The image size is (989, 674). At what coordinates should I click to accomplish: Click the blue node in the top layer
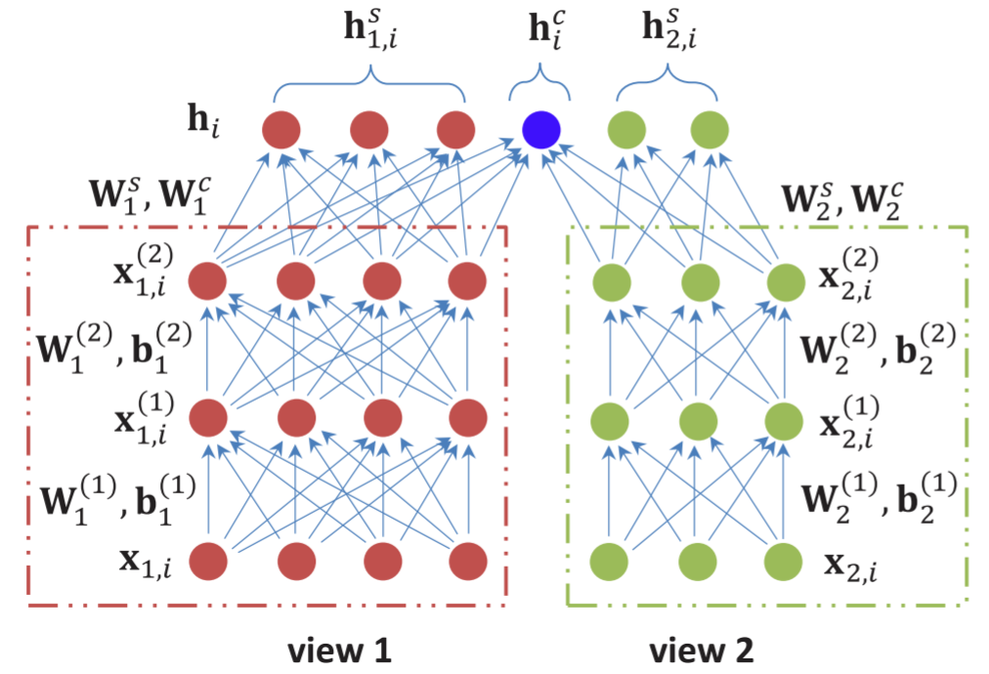pyautogui.click(x=540, y=129)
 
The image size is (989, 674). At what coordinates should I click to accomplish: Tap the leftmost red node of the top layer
pyautogui.click(x=280, y=129)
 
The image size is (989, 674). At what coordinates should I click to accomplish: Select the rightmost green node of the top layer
pyautogui.click(x=710, y=129)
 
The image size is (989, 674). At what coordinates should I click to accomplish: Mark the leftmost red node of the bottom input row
pyautogui.click(x=207, y=562)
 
